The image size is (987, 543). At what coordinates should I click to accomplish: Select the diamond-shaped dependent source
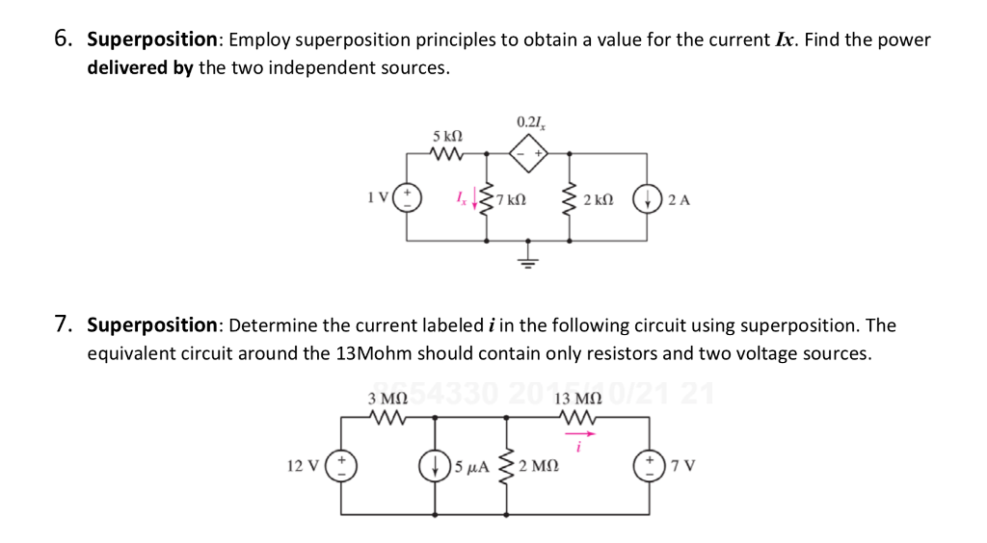[527, 152]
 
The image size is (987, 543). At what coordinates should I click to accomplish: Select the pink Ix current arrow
[474, 200]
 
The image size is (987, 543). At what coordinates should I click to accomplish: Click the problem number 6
[63, 39]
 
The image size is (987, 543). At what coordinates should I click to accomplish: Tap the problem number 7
[63, 324]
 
